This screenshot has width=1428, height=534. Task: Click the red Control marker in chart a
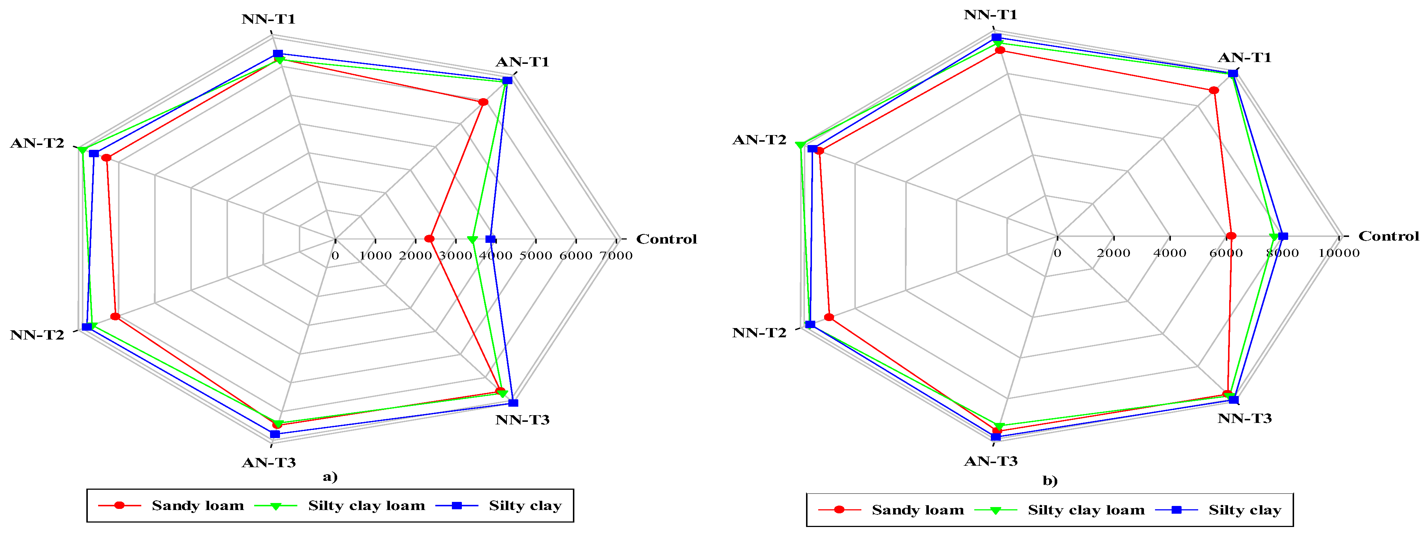429,239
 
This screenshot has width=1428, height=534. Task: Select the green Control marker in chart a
472,240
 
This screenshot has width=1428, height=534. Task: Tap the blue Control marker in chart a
490,239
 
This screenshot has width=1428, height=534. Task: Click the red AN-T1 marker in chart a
483,102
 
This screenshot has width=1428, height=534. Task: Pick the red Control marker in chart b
1231,236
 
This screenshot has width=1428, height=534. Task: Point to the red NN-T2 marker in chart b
829,317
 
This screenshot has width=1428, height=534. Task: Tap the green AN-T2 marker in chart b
800,145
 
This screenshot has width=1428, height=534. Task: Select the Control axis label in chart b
1388,236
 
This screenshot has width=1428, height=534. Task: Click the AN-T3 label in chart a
269,462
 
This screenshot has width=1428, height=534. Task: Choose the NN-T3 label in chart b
1245,418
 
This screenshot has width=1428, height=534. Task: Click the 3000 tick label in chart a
455,255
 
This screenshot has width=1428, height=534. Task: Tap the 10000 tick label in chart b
1339,253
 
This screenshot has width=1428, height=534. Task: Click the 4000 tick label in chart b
1170,253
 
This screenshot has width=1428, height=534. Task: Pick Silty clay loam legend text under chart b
1086,510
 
